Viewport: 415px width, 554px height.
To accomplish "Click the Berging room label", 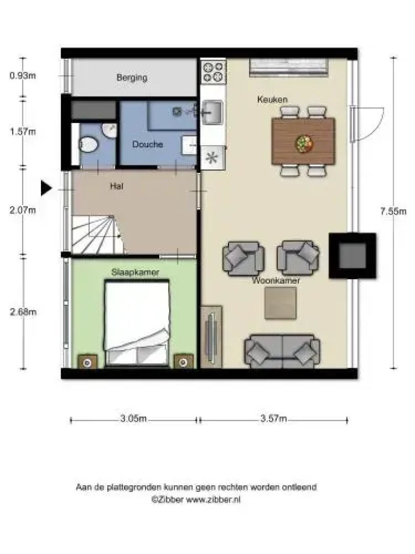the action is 132,77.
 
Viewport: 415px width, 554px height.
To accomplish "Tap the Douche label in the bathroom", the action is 148,144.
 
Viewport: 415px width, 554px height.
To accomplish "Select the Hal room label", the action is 116,186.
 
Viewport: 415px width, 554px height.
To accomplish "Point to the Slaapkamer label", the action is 135,272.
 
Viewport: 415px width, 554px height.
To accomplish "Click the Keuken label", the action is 272,100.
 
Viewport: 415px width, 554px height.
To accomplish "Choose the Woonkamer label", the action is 276,281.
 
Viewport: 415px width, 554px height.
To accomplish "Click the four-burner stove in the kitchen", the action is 213,72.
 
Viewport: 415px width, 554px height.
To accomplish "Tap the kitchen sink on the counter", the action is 212,113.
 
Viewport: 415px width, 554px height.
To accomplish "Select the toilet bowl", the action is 88,145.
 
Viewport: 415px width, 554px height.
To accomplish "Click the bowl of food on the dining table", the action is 303,144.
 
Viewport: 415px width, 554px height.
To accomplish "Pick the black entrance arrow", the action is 46,188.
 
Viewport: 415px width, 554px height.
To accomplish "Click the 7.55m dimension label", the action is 393,211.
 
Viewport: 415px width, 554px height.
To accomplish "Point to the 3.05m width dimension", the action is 133,419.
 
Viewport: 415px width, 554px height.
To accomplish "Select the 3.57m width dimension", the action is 274,419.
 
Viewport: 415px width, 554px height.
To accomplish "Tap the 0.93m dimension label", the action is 23,75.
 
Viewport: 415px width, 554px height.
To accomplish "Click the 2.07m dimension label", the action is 23,210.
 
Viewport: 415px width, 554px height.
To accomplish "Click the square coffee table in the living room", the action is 281,303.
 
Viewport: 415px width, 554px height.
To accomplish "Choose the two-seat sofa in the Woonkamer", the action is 282,351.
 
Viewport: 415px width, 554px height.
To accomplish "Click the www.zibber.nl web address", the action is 213,500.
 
